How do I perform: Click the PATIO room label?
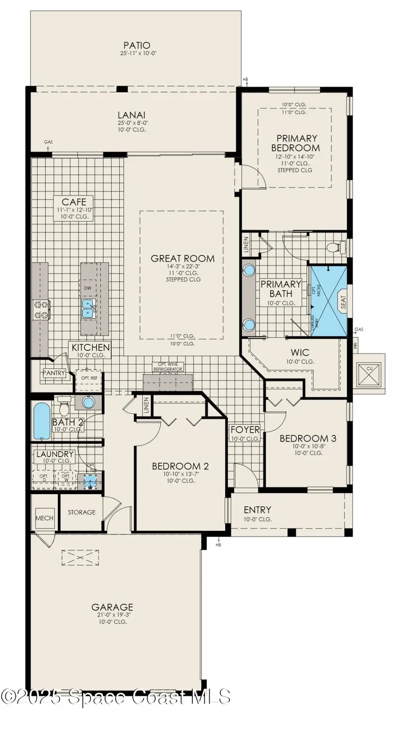[x=137, y=45]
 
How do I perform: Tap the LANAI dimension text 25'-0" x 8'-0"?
[x=133, y=123]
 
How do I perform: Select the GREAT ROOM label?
[x=183, y=258]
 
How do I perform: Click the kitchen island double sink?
[x=88, y=308]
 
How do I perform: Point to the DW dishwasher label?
[x=88, y=288]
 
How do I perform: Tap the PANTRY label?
[x=54, y=373]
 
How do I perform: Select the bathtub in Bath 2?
[x=42, y=420]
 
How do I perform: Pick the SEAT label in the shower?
[x=343, y=302]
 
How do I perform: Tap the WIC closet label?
[x=300, y=353]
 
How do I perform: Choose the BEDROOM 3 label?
[x=308, y=439]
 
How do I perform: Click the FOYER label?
[x=245, y=429]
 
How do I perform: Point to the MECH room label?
[x=44, y=518]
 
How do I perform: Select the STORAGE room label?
[x=82, y=512]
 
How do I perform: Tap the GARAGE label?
[x=112, y=607]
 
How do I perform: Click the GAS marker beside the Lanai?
[x=48, y=142]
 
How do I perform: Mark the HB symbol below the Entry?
[x=218, y=545]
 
